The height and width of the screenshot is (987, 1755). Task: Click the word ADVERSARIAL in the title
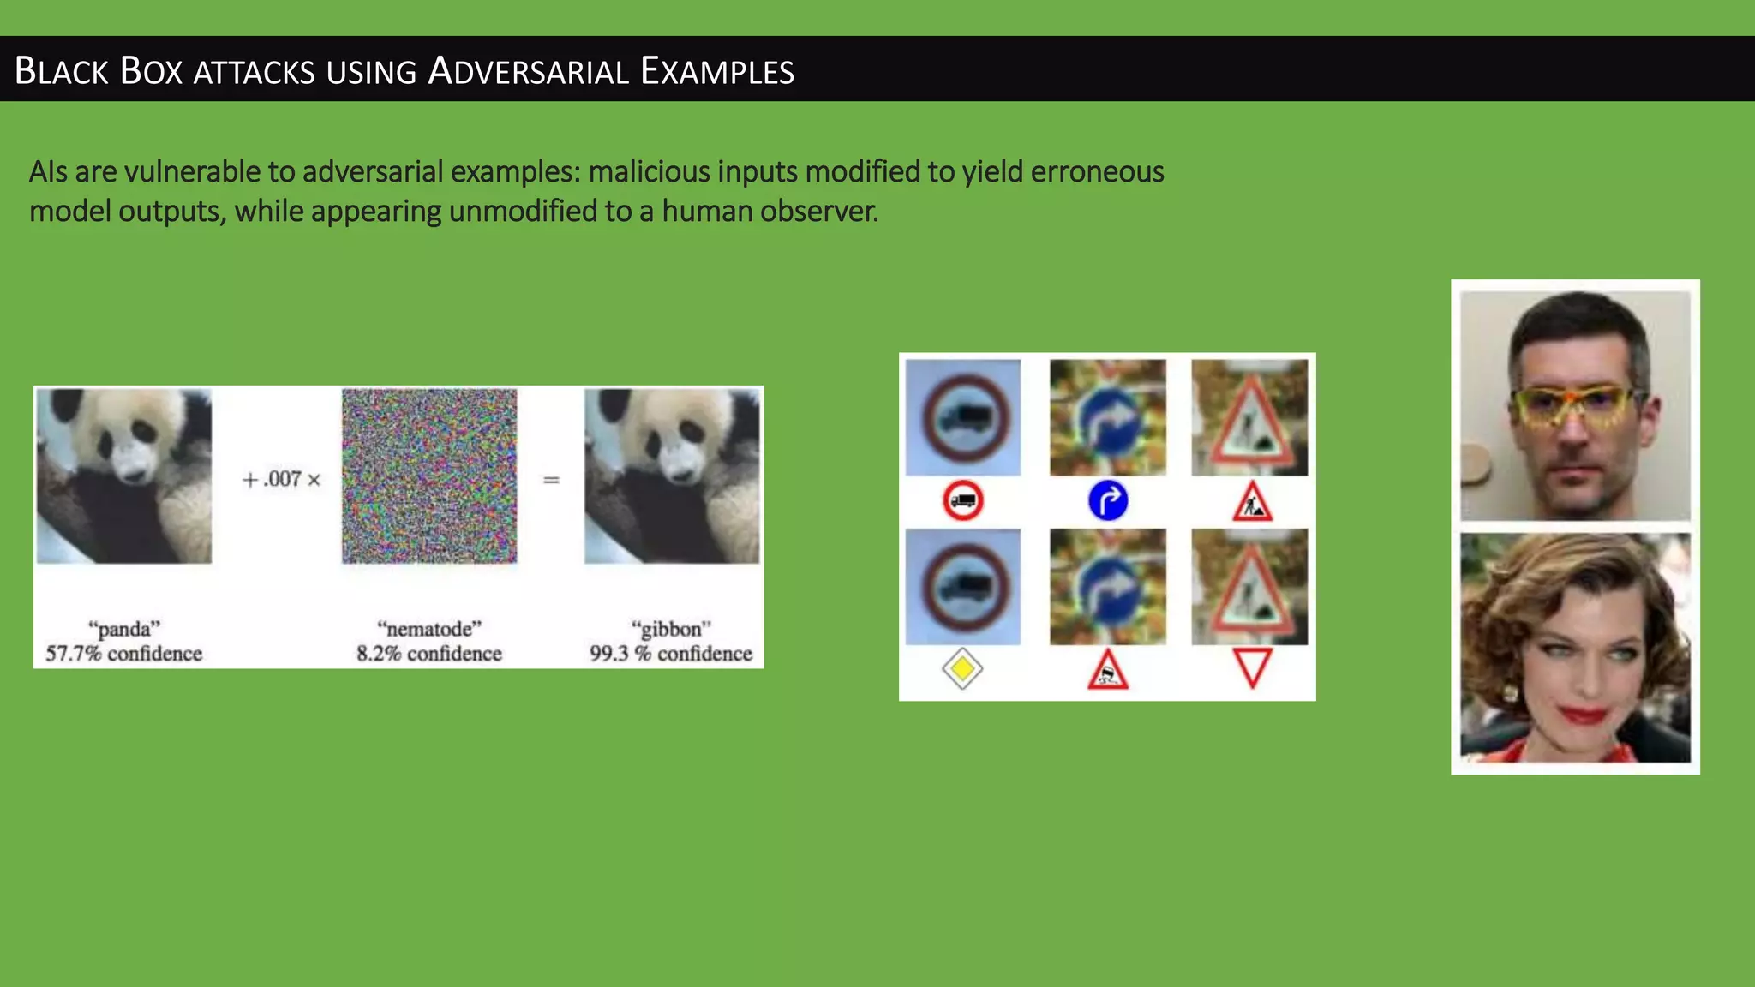tap(529, 71)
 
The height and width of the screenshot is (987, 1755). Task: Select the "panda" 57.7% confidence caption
tap(123, 641)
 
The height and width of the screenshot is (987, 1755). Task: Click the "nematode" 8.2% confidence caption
tap(429, 641)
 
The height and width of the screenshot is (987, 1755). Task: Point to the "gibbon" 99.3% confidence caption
tap(671, 641)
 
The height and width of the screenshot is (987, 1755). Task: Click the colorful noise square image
tap(429, 476)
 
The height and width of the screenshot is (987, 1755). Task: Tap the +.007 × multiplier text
tap(282, 479)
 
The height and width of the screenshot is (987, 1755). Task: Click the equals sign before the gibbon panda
tap(551, 480)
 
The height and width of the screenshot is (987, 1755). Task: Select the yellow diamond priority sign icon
tap(962, 669)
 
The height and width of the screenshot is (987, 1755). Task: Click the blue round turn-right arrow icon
tap(1108, 500)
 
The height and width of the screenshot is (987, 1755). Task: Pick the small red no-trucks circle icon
tap(962, 500)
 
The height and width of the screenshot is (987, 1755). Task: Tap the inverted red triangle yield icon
tap(1252, 668)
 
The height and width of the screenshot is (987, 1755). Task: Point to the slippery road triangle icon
tap(1108, 671)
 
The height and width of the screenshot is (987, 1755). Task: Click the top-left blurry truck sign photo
tap(963, 417)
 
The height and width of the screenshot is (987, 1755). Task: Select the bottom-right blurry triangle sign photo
tap(1249, 587)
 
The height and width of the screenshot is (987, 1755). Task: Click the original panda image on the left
tap(123, 476)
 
